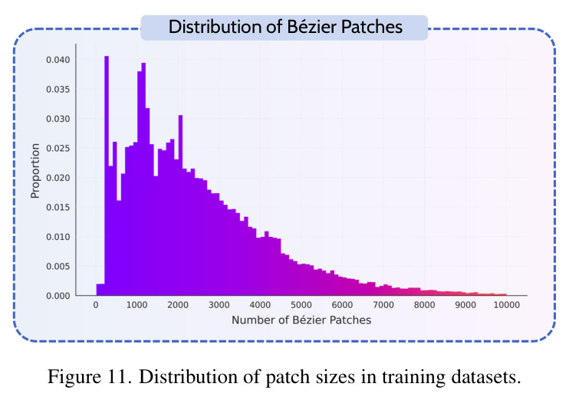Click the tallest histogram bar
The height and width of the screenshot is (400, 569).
pyautogui.click(x=107, y=176)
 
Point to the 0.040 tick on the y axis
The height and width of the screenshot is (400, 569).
pyautogui.click(x=58, y=60)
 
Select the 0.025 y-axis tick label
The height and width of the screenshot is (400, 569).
pyautogui.click(x=58, y=149)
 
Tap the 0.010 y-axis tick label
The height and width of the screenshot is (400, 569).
pyautogui.click(x=58, y=237)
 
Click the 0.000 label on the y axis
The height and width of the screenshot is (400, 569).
pyautogui.click(x=58, y=296)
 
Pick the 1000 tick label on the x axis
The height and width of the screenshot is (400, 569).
pyautogui.click(x=136, y=305)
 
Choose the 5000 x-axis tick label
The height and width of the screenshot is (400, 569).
pyautogui.click(x=301, y=305)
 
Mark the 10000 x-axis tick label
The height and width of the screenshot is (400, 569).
pyautogui.click(x=507, y=305)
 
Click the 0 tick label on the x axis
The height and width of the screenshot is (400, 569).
pyautogui.click(x=96, y=305)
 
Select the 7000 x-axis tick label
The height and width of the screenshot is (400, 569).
pyautogui.click(x=383, y=305)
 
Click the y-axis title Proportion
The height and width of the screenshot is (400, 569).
pyautogui.click(x=35, y=171)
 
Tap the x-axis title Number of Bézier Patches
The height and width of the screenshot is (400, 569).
pyautogui.click(x=301, y=320)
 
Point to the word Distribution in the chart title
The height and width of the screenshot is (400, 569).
pyautogui.click(x=217, y=27)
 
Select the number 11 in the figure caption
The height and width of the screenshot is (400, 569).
pyautogui.click(x=116, y=377)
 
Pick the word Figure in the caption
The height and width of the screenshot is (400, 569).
pyautogui.click(x=74, y=378)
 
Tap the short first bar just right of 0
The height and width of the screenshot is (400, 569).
pyautogui.click(x=100, y=290)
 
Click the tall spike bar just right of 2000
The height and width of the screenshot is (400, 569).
pyautogui.click(x=180, y=205)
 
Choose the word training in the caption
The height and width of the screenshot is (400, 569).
pyautogui.click(x=413, y=378)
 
